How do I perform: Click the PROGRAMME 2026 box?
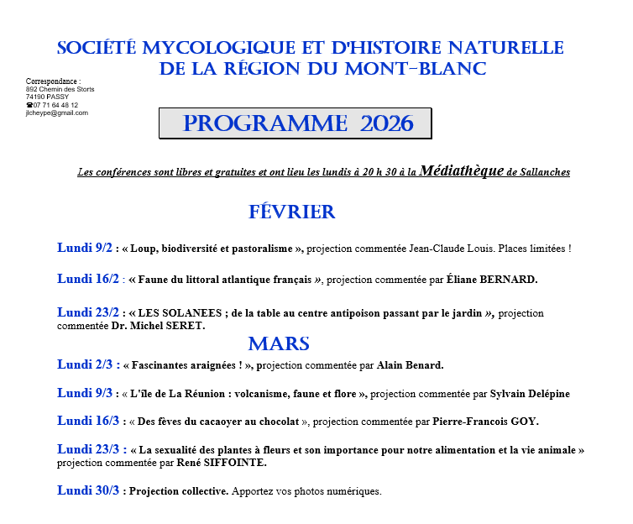[x=295, y=123]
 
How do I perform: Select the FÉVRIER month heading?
[x=291, y=212]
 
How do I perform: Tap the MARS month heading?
[x=279, y=343]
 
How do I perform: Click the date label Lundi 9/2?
[x=85, y=248]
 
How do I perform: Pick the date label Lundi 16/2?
[x=88, y=279]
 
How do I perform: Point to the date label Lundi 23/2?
[x=88, y=312]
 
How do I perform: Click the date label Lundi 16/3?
[x=88, y=421]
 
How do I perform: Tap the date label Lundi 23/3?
[x=88, y=449]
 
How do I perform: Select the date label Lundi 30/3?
[x=88, y=490]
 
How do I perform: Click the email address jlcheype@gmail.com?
[x=57, y=113]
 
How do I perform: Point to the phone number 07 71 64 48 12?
[x=55, y=105]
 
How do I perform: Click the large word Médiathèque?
[x=462, y=170]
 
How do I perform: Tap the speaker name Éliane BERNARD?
[x=495, y=280]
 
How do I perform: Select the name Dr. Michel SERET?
[x=158, y=326]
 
